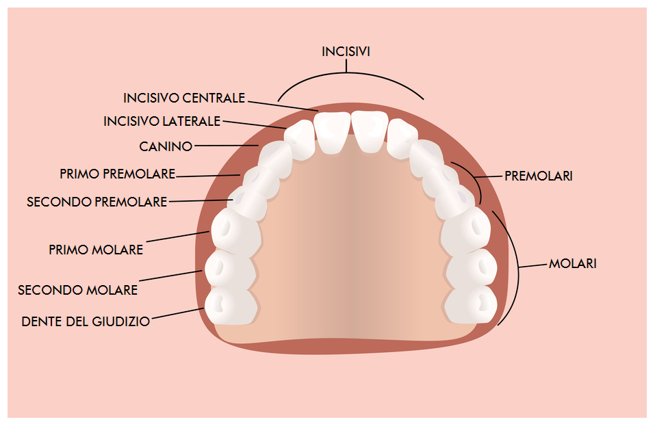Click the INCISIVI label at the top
[346, 51]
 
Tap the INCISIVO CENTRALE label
[184, 98]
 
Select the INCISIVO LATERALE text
[162, 121]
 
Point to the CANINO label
[166, 146]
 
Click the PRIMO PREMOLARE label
[118, 174]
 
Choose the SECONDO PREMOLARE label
[97, 202]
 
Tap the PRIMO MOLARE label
[96, 250]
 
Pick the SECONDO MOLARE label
[78, 290]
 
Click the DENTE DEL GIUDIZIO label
[86, 321]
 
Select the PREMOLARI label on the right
[539, 176]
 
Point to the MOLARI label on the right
[573, 264]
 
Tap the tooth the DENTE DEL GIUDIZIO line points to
[231, 306]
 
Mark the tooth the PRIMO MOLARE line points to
[236, 232]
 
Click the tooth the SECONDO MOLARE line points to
[230, 269]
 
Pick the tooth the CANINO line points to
[275, 159]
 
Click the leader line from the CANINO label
[227, 146]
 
